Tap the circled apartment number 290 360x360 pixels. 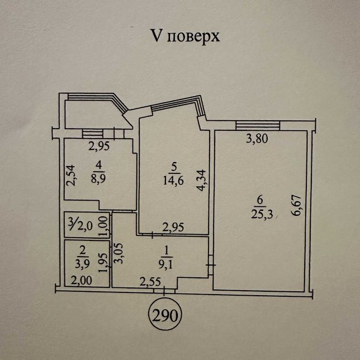pyautogui.click(x=165, y=316)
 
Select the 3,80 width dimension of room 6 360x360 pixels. pyautogui.click(x=257, y=139)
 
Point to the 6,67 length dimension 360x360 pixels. pyautogui.click(x=296, y=206)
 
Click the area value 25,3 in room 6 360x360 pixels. pyautogui.click(x=262, y=215)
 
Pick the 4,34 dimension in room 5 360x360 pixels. pyautogui.click(x=201, y=180)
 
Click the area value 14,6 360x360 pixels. pyautogui.click(x=173, y=181)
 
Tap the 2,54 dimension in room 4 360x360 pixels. pyautogui.click(x=70, y=175)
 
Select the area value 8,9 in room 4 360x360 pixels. pyautogui.click(x=98, y=178)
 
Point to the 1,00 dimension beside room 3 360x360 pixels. pyautogui.click(x=103, y=226)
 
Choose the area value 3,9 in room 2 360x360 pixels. pyautogui.click(x=82, y=264)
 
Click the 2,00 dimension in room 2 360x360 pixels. pyautogui.click(x=81, y=280)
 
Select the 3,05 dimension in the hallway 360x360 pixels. pyautogui.click(x=119, y=253)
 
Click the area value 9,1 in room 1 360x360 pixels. pyautogui.click(x=166, y=265)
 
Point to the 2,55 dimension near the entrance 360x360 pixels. pyautogui.click(x=150, y=282)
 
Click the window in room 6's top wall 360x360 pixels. pyautogui.click(x=258, y=126)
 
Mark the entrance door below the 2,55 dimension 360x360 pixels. pyautogui.click(x=164, y=291)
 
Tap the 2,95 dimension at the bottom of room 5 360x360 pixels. pyautogui.click(x=173, y=228)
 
